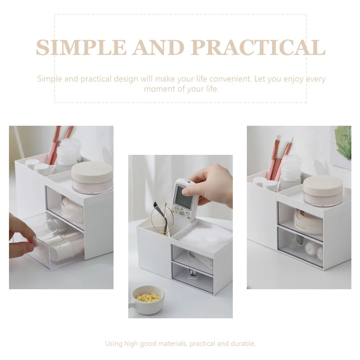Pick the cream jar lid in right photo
tap(322, 185)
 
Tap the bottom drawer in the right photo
tap(300, 246)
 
